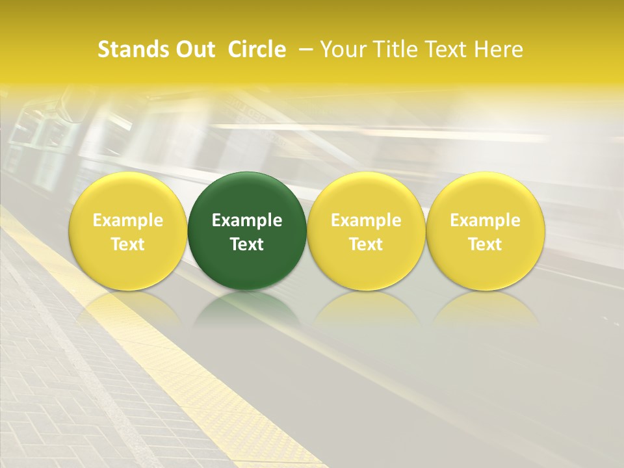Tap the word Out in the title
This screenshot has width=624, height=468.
click(x=194, y=49)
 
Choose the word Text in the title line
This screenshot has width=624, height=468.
click(x=447, y=49)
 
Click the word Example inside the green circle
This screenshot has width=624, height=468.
click(x=247, y=220)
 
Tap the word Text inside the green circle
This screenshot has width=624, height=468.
click(x=247, y=244)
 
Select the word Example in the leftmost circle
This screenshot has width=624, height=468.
click(x=128, y=220)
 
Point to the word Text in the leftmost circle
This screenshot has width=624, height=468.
click(x=128, y=244)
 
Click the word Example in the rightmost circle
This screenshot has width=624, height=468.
click(x=485, y=220)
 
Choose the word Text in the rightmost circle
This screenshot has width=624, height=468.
click(x=485, y=244)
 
